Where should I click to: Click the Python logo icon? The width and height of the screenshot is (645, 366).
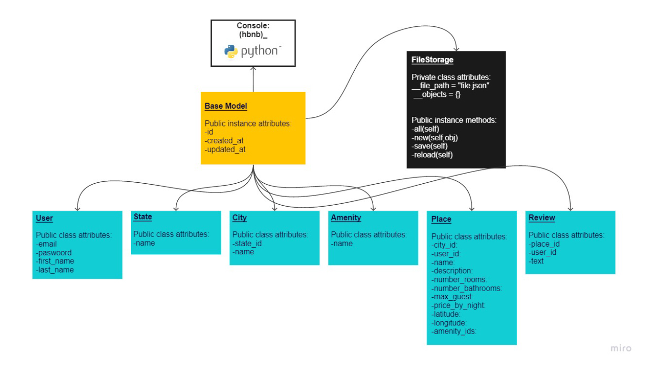click(x=231, y=52)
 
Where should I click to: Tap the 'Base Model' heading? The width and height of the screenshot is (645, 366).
click(x=225, y=106)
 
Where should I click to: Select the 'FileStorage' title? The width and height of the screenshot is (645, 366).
click(x=432, y=60)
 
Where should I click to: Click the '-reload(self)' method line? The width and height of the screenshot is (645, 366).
click(x=432, y=155)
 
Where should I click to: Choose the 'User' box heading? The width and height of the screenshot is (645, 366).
click(x=44, y=219)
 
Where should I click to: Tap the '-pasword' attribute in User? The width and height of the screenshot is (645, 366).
click(x=54, y=253)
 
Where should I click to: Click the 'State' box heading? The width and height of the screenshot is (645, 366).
click(x=143, y=217)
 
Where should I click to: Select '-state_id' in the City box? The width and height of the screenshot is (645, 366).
click(x=247, y=243)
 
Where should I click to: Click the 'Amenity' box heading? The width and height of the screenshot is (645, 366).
click(x=346, y=218)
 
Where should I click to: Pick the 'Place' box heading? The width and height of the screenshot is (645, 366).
click(x=441, y=220)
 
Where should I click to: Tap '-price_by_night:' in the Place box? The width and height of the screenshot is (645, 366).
click(x=458, y=305)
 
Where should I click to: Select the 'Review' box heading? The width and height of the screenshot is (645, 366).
click(x=542, y=218)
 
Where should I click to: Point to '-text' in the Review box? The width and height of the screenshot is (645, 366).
click(x=536, y=261)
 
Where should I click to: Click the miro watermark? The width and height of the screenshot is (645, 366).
click(x=621, y=349)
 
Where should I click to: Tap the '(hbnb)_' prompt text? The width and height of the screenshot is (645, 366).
click(x=253, y=35)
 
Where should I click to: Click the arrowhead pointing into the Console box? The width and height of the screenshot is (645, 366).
click(x=253, y=69)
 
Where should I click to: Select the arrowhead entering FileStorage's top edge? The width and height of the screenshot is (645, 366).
click(x=457, y=49)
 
